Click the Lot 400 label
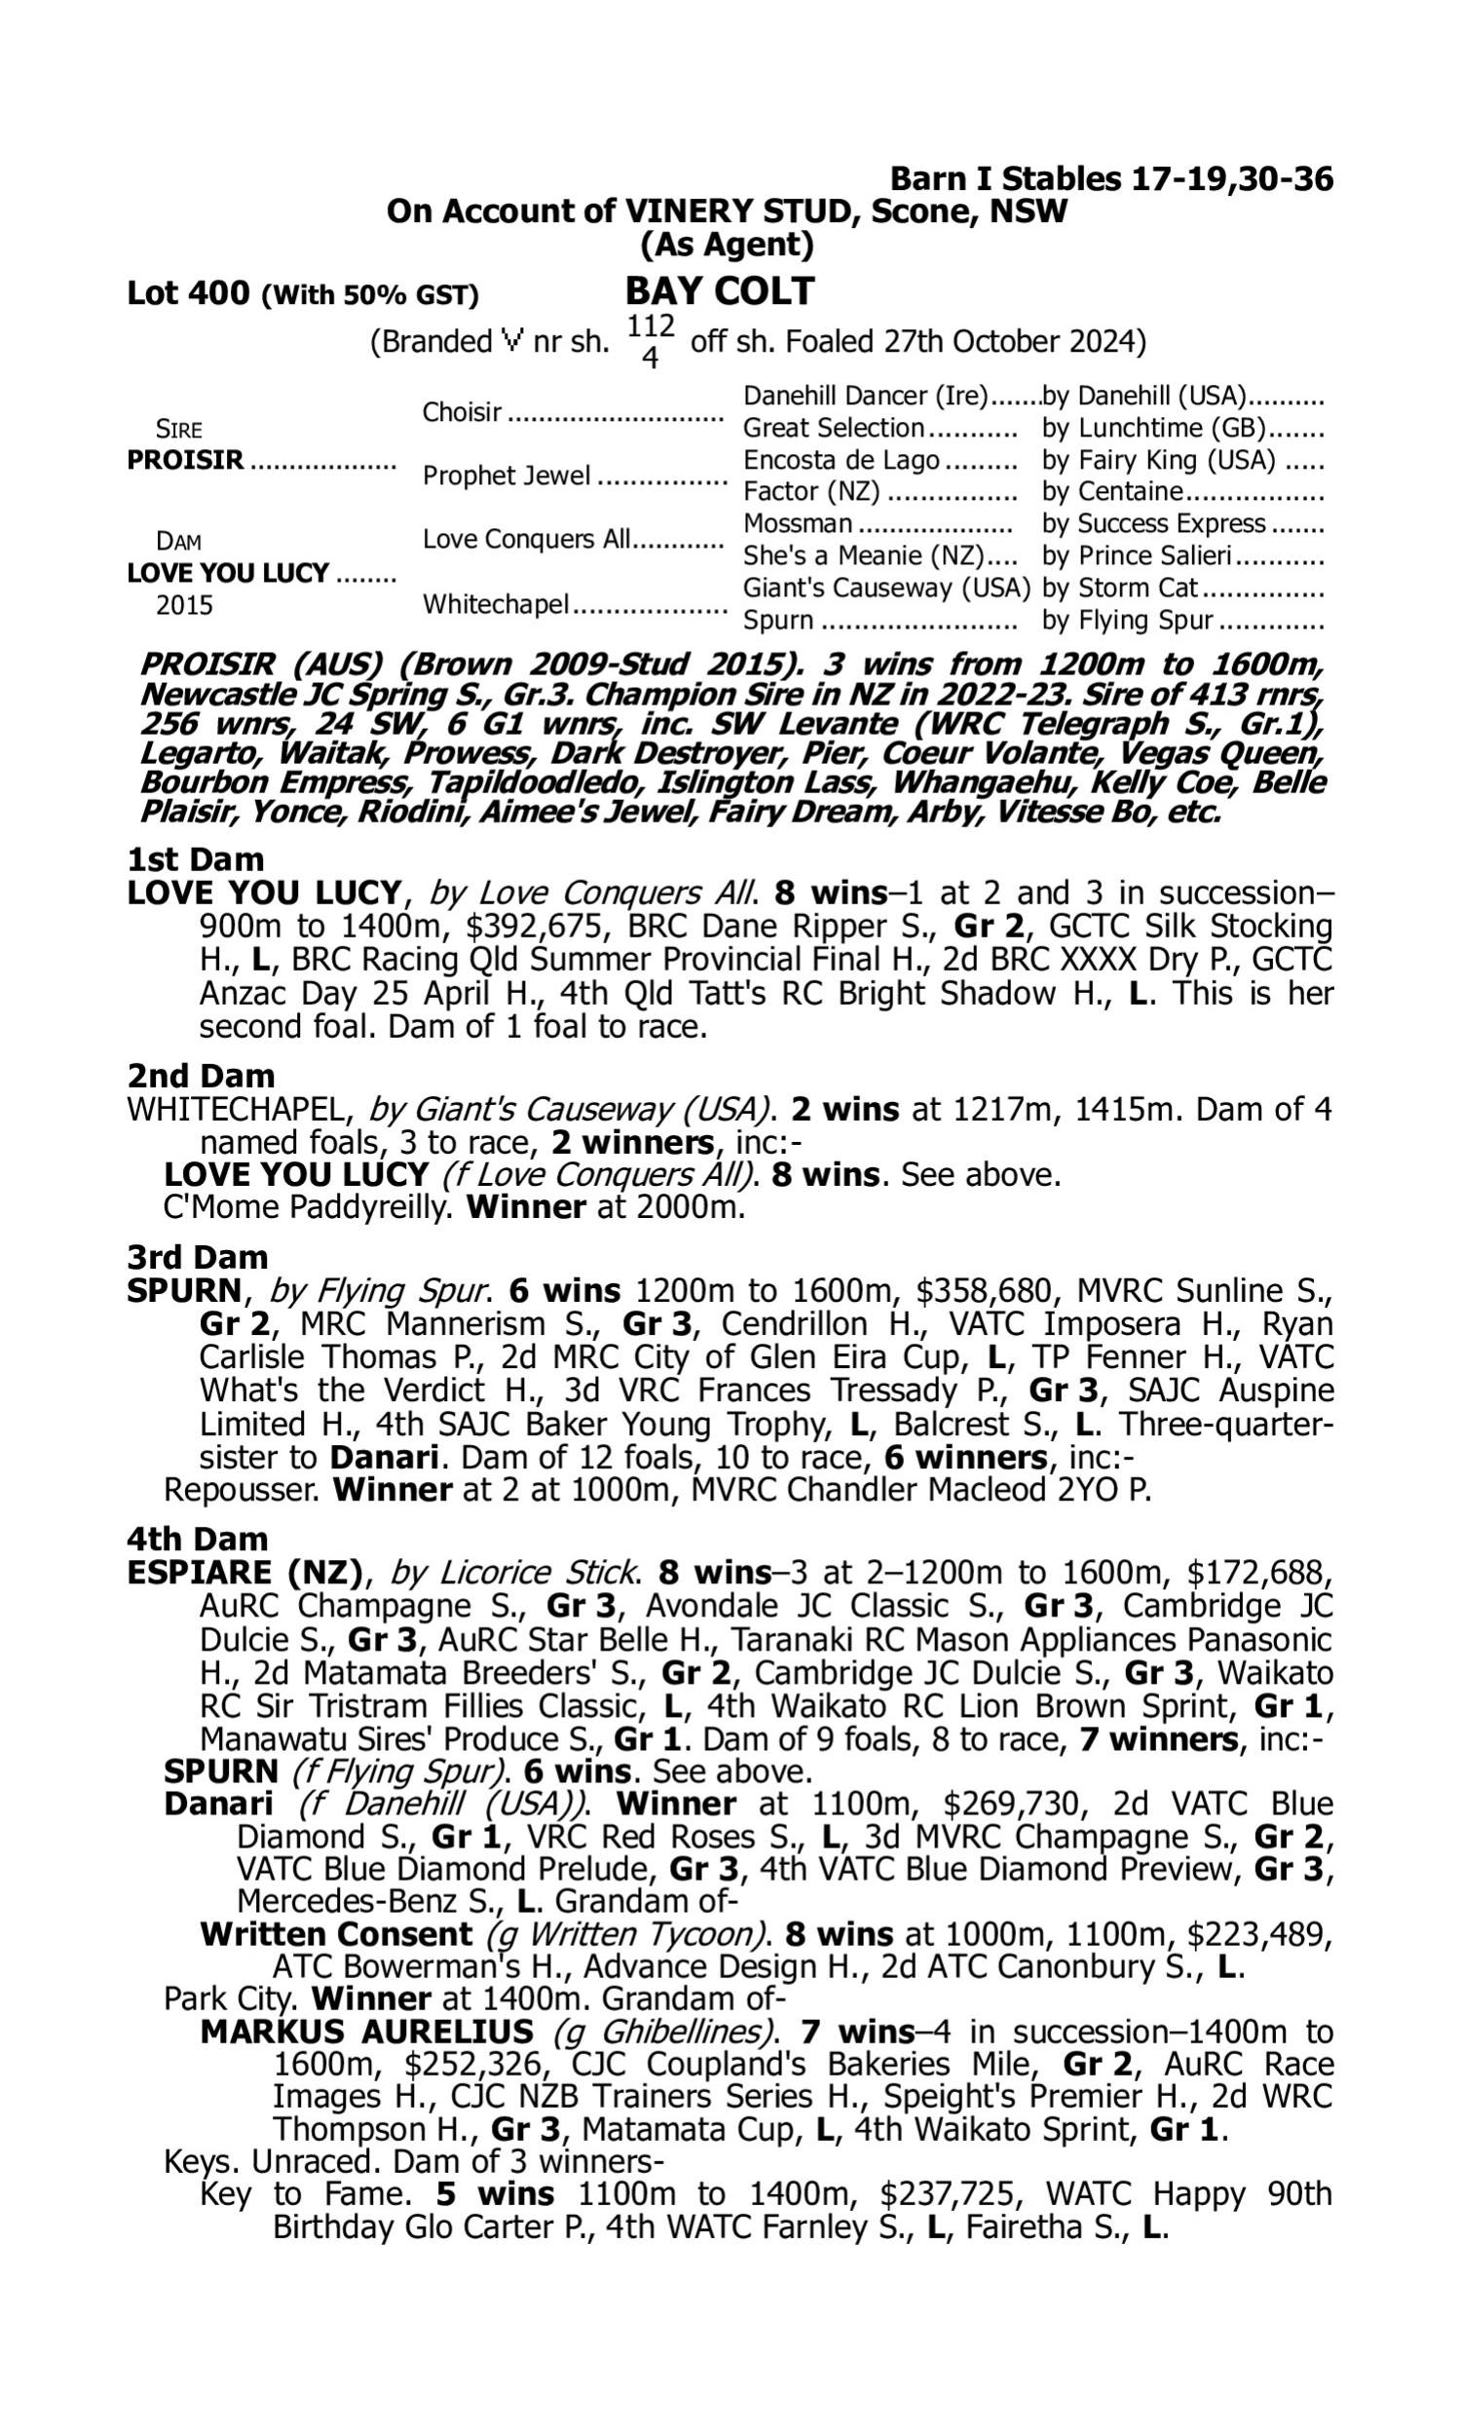[188, 294]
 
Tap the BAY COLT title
[720, 291]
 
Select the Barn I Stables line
[1111, 179]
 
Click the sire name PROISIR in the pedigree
[185, 461]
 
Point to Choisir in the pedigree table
[462, 412]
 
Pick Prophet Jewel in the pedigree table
[506, 476]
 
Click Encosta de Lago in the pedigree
[841, 461]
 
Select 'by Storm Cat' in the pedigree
[1119, 589]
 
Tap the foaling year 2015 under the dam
[184, 605]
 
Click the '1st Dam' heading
[195, 859]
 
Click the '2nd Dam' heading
[201, 1075]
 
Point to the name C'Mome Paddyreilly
[305, 1207]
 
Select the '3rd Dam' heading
[197, 1257]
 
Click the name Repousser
[241, 1490]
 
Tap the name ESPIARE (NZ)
[244, 1573]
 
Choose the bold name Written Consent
[336, 1935]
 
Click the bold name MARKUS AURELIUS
[366, 2032]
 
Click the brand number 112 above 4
[651, 325]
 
